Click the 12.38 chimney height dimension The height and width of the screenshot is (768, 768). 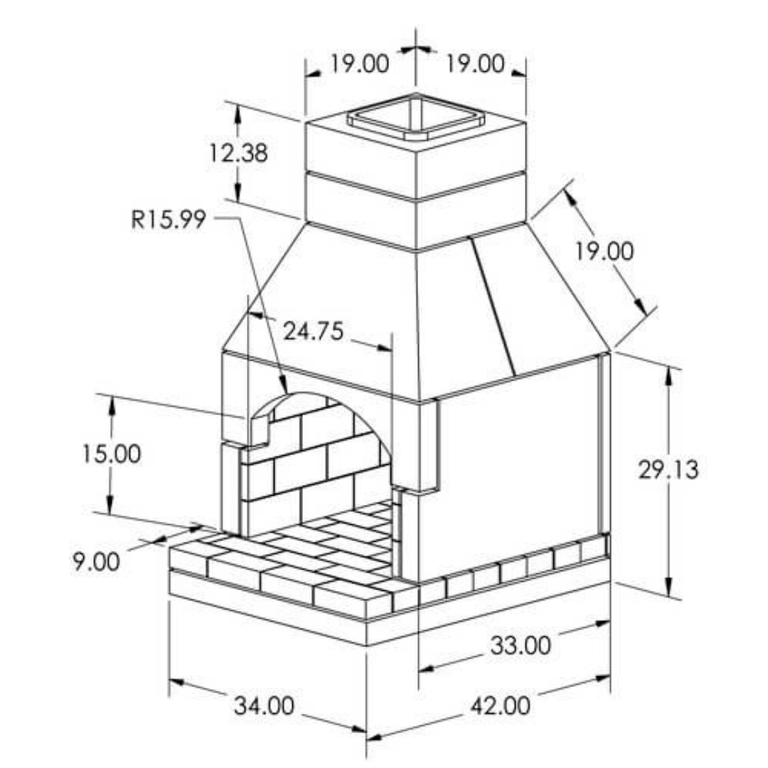[x=239, y=152]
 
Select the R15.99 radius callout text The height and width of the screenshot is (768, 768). [x=169, y=219]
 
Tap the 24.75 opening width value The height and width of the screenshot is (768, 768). [x=313, y=331]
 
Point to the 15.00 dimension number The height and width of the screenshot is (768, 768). [x=110, y=454]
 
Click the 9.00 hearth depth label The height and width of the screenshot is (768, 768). [x=96, y=561]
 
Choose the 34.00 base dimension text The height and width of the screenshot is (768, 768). [x=264, y=706]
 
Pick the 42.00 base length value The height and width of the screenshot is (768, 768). [x=500, y=706]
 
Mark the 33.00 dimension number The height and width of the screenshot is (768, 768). [x=521, y=646]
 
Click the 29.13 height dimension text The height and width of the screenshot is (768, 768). [x=668, y=470]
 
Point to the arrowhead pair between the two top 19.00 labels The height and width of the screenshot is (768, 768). [x=416, y=49]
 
